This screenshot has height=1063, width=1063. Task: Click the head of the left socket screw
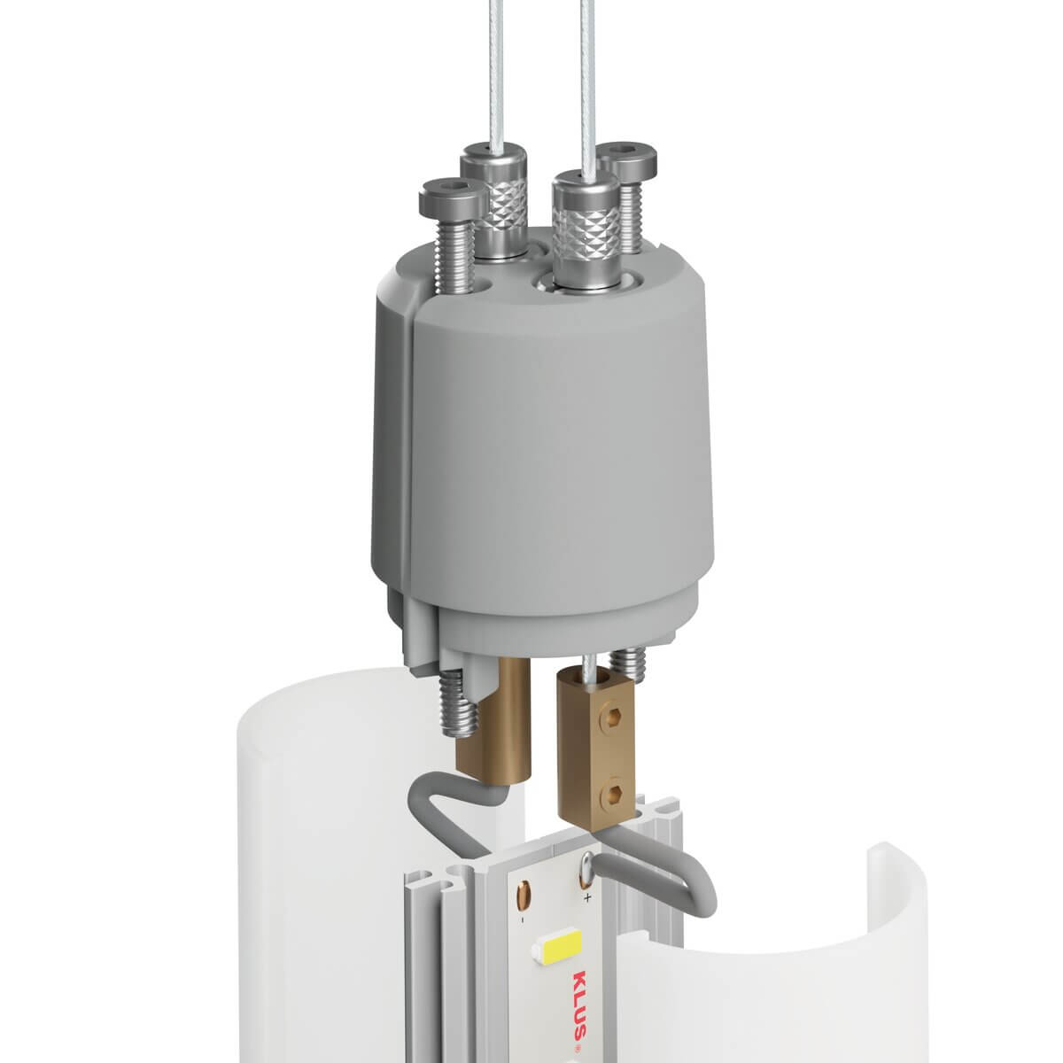coord(454,196)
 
